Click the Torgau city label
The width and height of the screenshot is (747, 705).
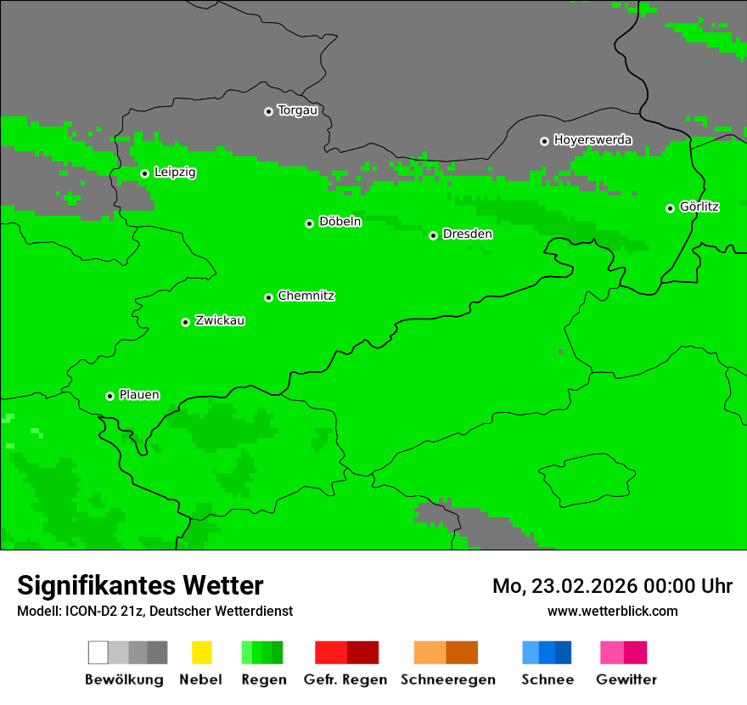(297, 110)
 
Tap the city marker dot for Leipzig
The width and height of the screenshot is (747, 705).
(144, 173)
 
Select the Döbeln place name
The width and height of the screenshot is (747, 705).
(340, 222)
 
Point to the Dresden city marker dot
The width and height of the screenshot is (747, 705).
(433, 235)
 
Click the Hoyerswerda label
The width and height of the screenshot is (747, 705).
(593, 140)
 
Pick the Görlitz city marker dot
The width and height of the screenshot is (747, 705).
(670, 208)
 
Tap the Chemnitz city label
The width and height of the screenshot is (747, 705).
(306, 296)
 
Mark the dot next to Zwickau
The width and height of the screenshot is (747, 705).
(185, 322)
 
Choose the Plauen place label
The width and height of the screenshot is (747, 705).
(139, 395)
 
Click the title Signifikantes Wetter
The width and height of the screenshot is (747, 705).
(140, 585)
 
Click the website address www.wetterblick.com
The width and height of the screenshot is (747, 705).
(612, 611)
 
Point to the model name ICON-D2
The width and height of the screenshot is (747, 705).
(87, 612)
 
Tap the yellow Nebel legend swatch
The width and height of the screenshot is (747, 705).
(201, 652)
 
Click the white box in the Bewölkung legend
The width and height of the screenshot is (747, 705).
(98, 652)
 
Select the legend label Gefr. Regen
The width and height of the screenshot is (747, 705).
(345, 680)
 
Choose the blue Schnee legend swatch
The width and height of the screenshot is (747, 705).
(547, 652)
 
